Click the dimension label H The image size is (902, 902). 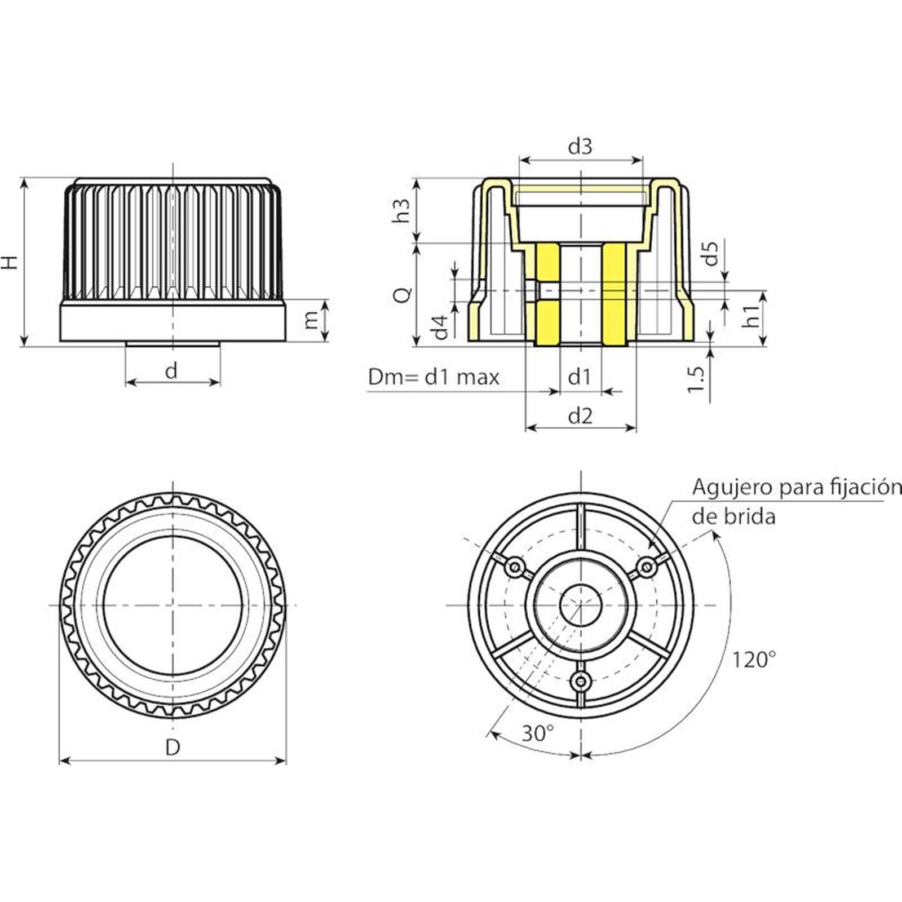click(11, 262)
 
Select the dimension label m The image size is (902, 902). click(311, 320)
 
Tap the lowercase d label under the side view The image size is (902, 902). click(171, 371)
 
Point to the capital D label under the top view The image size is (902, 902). click(173, 748)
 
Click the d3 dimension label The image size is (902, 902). click(580, 147)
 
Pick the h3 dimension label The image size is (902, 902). click(401, 210)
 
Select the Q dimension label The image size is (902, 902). click(403, 294)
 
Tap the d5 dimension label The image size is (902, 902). click(711, 253)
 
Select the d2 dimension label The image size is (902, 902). click(580, 416)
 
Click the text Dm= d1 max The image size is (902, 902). click(434, 377)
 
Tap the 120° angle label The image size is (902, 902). click(754, 659)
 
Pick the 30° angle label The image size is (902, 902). click(537, 733)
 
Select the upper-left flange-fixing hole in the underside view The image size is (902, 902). click(514, 567)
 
